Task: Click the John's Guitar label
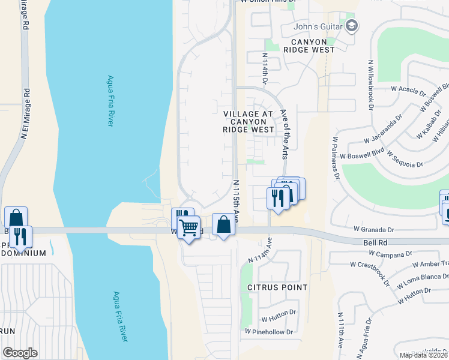point(316,26)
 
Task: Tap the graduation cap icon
point(352,25)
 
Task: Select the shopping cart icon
point(188,228)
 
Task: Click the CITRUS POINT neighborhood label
point(277,287)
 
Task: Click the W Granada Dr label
point(373,229)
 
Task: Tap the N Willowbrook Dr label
point(367,83)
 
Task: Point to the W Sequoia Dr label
point(405,159)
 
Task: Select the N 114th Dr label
point(265,67)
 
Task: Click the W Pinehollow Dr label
point(269,332)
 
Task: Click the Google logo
point(20,353)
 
